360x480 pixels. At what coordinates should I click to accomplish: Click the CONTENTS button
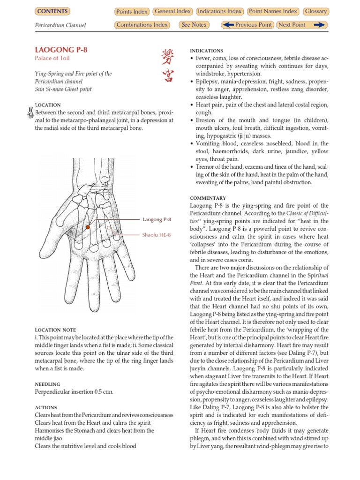[x=52, y=11]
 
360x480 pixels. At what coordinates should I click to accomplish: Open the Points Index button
[x=131, y=12]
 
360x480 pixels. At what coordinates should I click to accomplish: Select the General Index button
[x=172, y=11]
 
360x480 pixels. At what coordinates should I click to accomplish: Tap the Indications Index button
[x=220, y=11]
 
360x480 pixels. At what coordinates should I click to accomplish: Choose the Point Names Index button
[x=273, y=11]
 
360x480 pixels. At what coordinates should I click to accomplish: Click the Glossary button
[x=315, y=11]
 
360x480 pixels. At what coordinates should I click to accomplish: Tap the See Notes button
[x=193, y=25]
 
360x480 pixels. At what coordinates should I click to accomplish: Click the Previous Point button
[x=247, y=25]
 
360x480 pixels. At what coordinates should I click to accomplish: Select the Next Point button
[x=301, y=25]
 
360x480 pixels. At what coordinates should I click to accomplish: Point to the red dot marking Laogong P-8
[x=88, y=227]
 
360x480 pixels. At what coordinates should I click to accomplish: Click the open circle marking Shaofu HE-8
[x=109, y=227]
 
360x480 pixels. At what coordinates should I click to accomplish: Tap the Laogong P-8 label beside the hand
[x=157, y=219]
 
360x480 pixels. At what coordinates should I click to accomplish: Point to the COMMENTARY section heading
[x=208, y=198]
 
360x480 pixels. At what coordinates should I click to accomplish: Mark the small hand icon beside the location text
[x=30, y=112]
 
